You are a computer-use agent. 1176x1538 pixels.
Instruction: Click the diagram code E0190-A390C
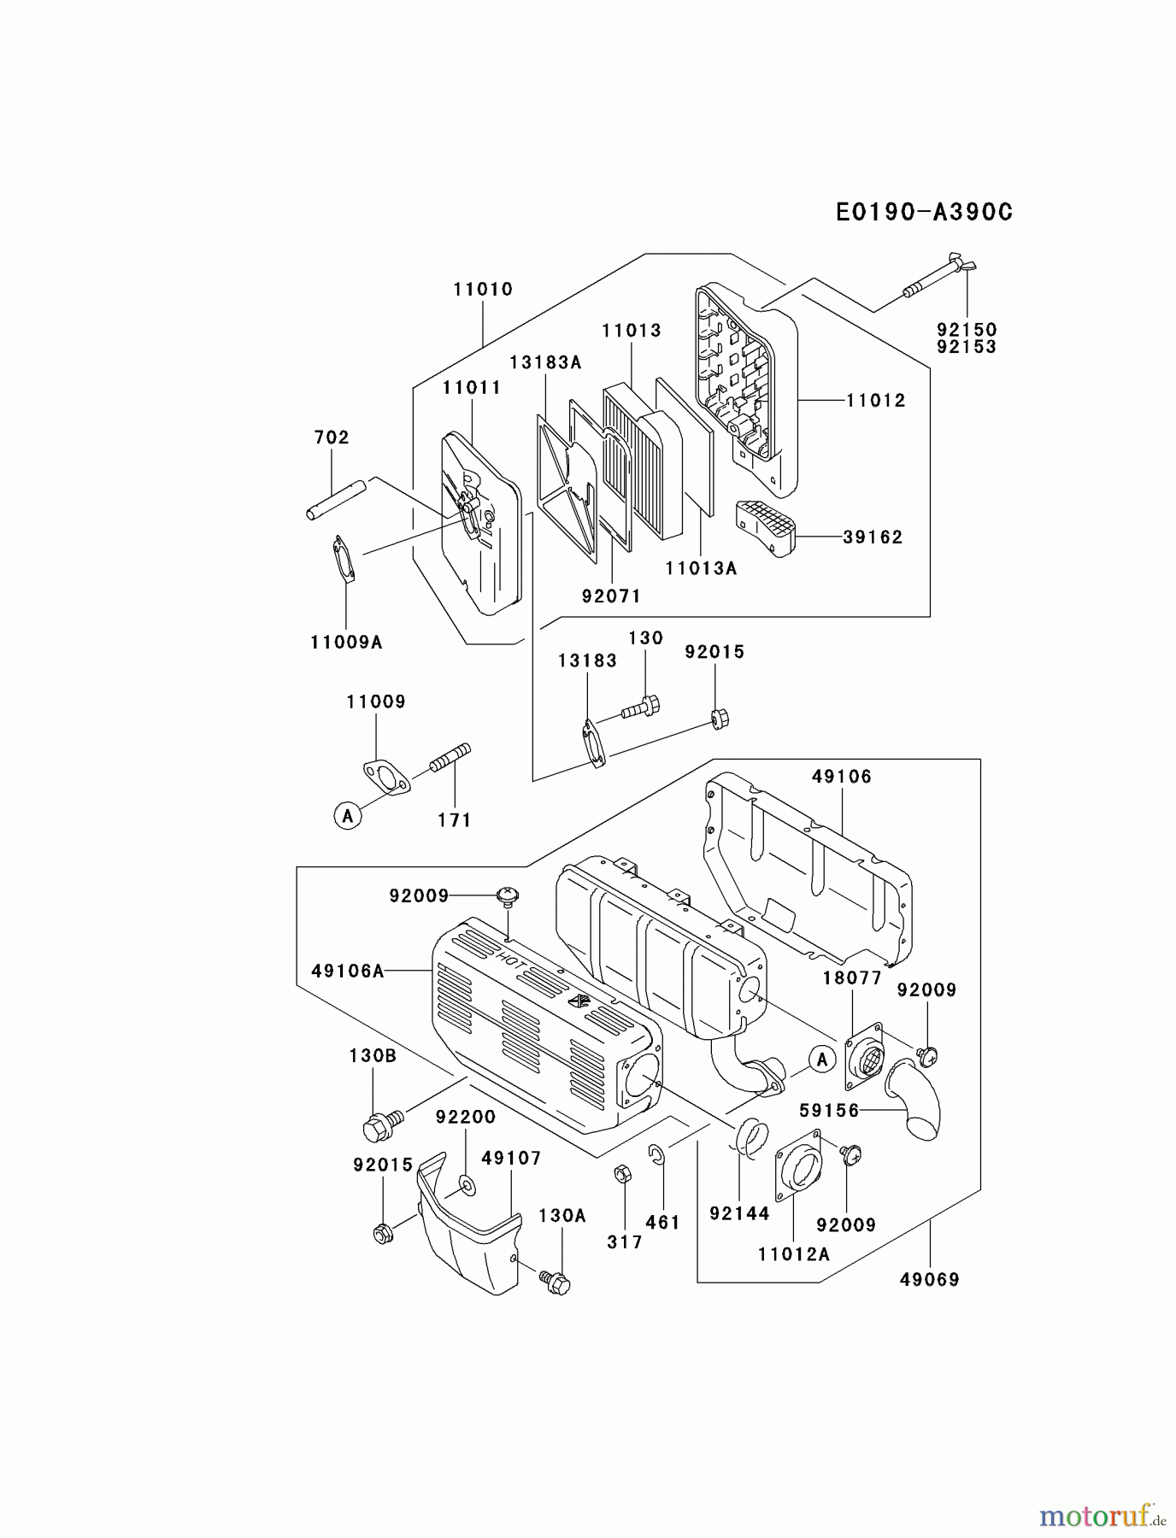coord(924,212)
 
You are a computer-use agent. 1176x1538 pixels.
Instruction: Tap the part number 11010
coord(483,290)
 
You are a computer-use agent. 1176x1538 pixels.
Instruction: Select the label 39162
coord(873,537)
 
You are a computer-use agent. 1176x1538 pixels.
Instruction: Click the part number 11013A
coord(701,568)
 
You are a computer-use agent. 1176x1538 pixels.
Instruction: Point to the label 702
coord(332,437)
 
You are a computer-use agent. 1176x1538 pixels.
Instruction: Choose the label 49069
coord(930,1279)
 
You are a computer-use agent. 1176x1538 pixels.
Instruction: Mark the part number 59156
coord(829,1111)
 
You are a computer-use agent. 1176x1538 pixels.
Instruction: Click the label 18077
coord(852,978)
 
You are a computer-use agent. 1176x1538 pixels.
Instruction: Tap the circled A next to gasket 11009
coord(347,816)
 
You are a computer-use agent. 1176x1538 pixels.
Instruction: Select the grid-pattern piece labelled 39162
coord(766,525)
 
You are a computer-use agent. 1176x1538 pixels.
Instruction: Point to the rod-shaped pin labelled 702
coord(336,500)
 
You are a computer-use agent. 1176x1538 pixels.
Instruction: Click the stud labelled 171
coord(450,757)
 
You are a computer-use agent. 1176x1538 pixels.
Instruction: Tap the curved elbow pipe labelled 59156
coord(914,1102)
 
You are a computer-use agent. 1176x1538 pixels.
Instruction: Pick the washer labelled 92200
coord(467,1184)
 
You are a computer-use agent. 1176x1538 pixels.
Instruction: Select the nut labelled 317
coord(623,1174)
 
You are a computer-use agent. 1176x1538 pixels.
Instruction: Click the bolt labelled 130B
coord(380,1124)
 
